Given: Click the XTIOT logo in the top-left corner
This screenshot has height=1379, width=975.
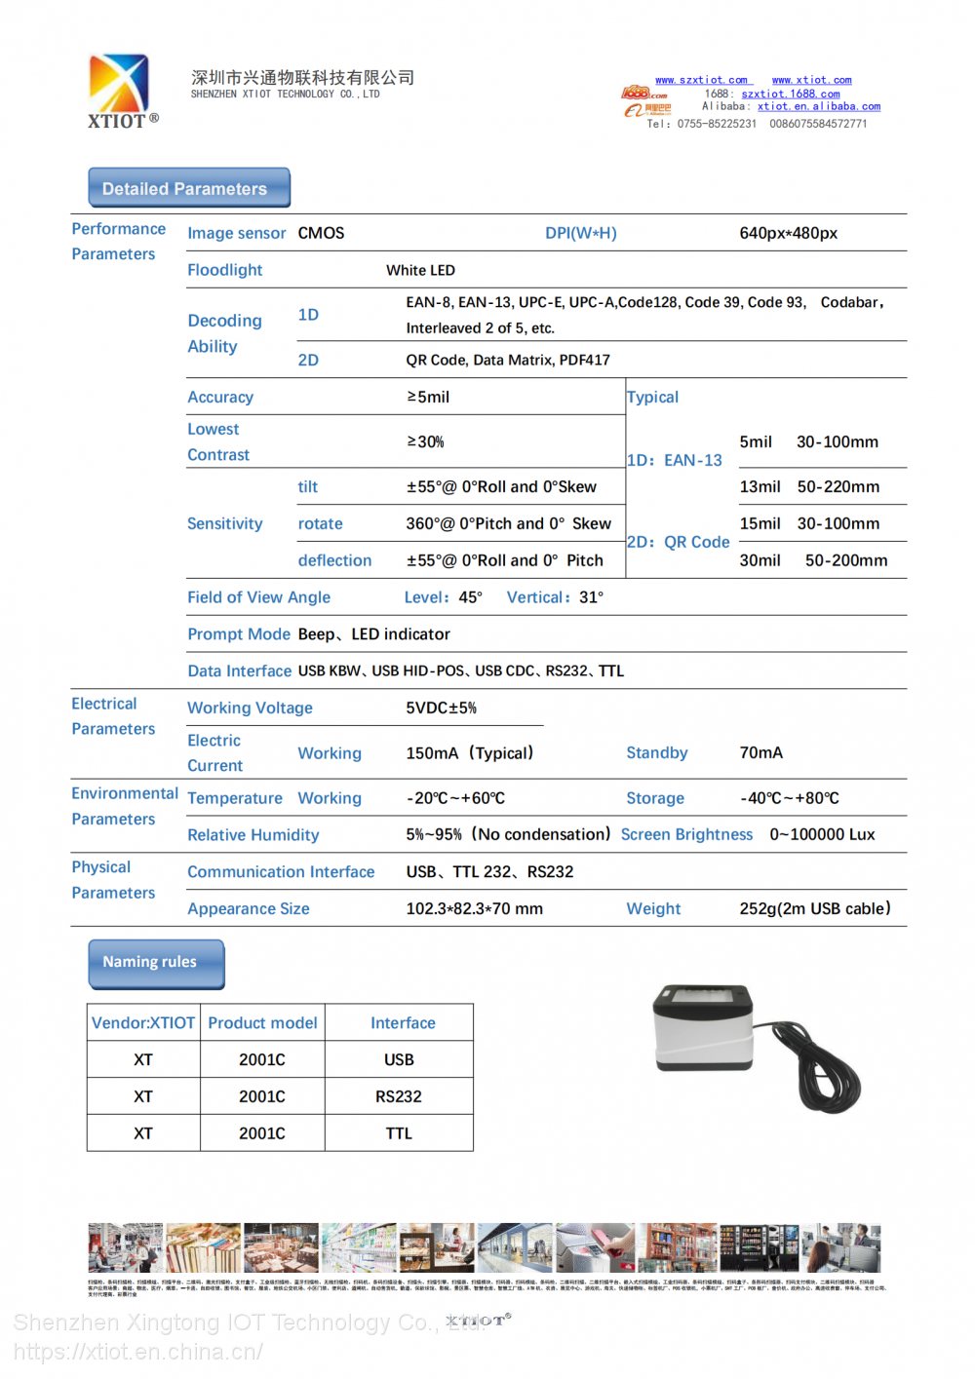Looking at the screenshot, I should click(x=120, y=90).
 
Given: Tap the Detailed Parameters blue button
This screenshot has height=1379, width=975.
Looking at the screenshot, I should click(x=189, y=188).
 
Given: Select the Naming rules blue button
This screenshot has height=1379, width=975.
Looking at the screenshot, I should click(x=156, y=963).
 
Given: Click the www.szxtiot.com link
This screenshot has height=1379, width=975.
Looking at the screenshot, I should click(x=701, y=80).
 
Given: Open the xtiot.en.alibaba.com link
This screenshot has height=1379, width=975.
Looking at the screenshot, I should click(x=818, y=106).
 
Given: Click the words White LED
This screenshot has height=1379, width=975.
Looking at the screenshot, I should click(x=420, y=271).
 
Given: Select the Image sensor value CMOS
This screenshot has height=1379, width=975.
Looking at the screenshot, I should click(x=321, y=234).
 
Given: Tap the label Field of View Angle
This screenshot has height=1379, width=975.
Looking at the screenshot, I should click(x=258, y=597).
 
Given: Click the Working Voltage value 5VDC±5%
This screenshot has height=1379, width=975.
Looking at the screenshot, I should click(x=441, y=709).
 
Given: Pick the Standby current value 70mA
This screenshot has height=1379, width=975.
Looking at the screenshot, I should click(x=760, y=753).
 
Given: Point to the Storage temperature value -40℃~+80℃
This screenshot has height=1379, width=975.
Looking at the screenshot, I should click(x=789, y=798).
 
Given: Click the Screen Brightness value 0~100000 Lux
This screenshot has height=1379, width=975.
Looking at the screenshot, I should click(x=822, y=835).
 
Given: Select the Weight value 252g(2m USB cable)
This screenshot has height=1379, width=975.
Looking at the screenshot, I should click(x=814, y=909).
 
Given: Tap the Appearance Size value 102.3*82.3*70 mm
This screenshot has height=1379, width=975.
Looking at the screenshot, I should click(x=474, y=909).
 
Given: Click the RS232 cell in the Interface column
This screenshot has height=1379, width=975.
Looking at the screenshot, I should click(x=399, y=1097).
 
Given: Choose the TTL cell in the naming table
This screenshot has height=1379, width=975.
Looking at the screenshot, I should click(x=399, y=1134).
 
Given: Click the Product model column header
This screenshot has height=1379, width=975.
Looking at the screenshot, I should click(x=262, y=1023).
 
